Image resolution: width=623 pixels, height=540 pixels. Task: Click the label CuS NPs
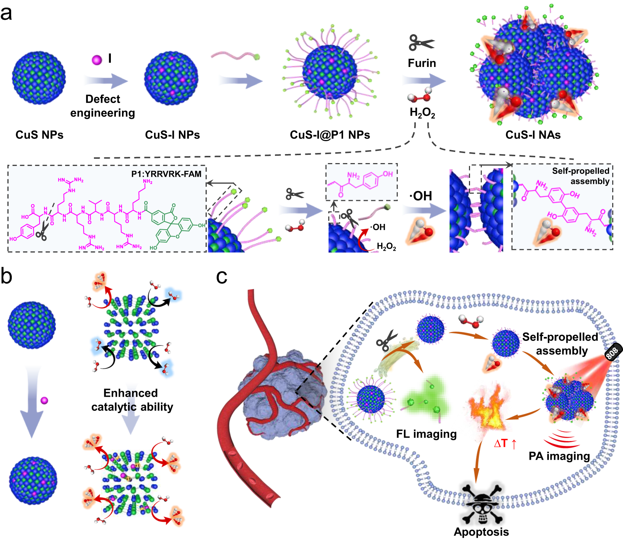[x=39, y=135]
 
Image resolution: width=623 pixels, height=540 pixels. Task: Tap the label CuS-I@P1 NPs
[x=330, y=135]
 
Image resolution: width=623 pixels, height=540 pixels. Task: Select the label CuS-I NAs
[x=533, y=135]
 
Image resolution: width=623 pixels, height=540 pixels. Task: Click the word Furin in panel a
[x=422, y=63]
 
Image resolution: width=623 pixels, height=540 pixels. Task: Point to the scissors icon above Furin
[x=421, y=42]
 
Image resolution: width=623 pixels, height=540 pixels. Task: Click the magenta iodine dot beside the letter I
[x=97, y=60]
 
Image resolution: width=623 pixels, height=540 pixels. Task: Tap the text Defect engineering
[x=103, y=106]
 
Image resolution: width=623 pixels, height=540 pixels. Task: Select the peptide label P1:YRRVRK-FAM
[x=166, y=174]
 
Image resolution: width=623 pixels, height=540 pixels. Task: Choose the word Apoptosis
[x=481, y=532]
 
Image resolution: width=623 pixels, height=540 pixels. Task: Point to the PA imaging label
[x=559, y=456]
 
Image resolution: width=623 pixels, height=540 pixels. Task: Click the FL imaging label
[x=426, y=434]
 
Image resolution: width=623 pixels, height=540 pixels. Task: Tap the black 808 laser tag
[x=612, y=352]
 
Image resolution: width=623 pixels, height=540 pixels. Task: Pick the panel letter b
[x=6, y=276]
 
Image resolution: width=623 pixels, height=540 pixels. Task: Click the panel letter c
[x=221, y=276]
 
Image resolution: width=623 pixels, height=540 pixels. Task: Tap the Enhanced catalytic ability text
[x=132, y=400]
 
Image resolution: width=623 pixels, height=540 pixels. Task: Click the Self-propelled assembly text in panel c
[x=560, y=344]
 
